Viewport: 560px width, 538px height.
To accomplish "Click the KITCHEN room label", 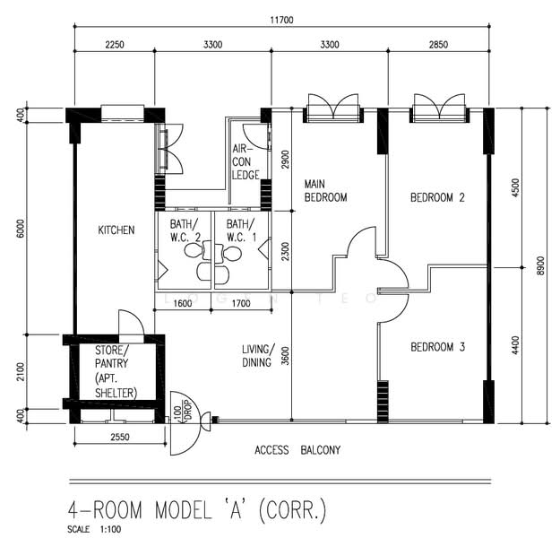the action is [x=116, y=230].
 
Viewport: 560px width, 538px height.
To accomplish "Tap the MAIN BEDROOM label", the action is [x=325, y=190].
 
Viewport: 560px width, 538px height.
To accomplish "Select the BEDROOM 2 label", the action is [x=437, y=197].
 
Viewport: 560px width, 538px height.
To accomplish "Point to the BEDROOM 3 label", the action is [x=437, y=347].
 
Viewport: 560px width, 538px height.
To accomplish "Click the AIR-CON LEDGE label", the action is [x=246, y=161].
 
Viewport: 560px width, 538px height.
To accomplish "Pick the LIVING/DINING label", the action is [x=258, y=356].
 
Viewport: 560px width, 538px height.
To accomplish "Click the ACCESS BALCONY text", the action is [x=297, y=450].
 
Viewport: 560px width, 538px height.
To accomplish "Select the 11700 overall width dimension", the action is [x=281, y=20].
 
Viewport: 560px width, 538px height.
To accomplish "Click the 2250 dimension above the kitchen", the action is [x=115, y=44].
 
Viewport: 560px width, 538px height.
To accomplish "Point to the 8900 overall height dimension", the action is [x=540, y=265].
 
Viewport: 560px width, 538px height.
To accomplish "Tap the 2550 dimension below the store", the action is [x=120, y=437].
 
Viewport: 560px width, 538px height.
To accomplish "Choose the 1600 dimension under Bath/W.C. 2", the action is [x=183, y=303].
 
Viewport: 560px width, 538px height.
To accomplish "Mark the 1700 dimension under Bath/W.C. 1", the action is [x=241, y=303].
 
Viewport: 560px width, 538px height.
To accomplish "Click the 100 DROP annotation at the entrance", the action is [x=182, y=411].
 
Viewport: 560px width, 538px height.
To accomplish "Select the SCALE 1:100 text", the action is [x=94, y=529].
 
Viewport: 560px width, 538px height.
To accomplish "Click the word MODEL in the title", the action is [x=183, y=510].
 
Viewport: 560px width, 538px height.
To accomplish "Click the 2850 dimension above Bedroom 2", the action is [x=438, y=44].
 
